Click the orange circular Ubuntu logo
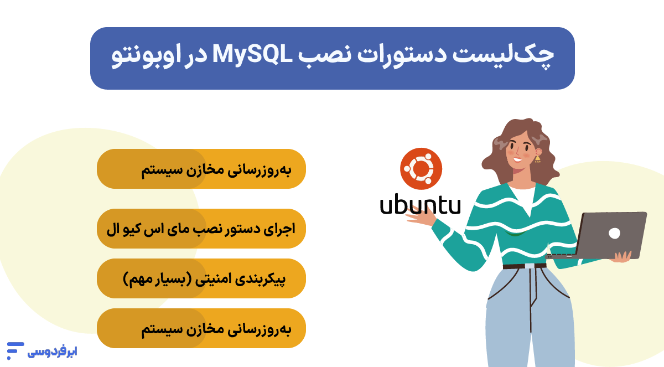[x=421, y=169]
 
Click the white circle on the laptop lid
[x=614, y=233]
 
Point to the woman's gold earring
[x=537, y=159]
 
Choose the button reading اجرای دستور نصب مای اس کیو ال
[x=201, y=229]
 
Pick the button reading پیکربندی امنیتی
[x=201, y=278]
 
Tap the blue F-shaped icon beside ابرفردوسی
[x=15, y=351]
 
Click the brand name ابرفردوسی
[x=53, y=351]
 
